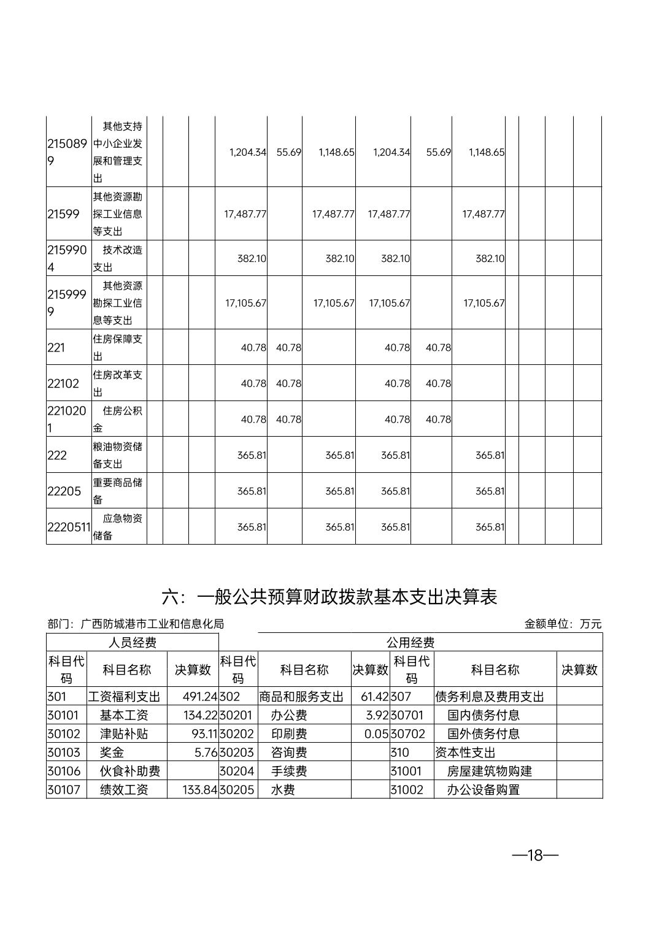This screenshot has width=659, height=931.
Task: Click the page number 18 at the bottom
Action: tap(535, 855)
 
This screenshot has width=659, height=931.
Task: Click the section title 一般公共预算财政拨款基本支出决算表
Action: tap(329, 597)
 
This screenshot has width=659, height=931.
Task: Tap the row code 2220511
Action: tap(69, 527)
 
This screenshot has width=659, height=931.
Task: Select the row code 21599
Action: tap(64, 214)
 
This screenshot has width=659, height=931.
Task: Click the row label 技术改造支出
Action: tap(118, 258)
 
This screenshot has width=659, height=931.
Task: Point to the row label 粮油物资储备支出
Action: tap(118, 455)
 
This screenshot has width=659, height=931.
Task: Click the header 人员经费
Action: tap(132, 642)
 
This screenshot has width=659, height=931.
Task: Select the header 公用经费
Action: tap(410, 642)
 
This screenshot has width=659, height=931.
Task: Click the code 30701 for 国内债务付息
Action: tap(407, 715)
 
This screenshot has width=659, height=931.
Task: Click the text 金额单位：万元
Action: tap(563, 624)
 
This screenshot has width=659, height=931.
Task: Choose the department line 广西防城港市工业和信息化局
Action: tap(136, 624)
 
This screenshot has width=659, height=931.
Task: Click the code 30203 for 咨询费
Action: tap(237, 753)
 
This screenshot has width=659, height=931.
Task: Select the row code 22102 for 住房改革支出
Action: tap(64, 383)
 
